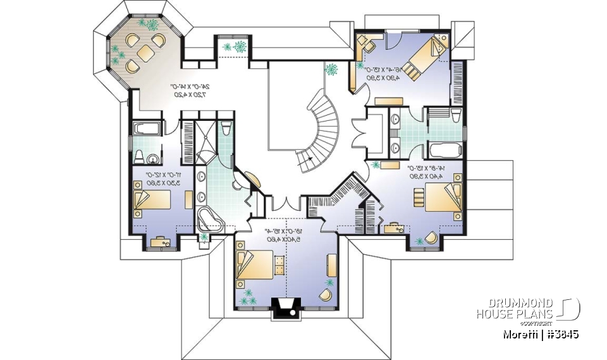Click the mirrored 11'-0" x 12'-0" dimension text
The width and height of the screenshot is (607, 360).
[x=162, y=178]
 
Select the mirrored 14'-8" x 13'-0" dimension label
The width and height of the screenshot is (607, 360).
[x=419, y=173]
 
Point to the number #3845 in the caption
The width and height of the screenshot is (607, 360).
[x=562, y=334]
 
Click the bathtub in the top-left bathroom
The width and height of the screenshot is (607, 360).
[x=147, y=128]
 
